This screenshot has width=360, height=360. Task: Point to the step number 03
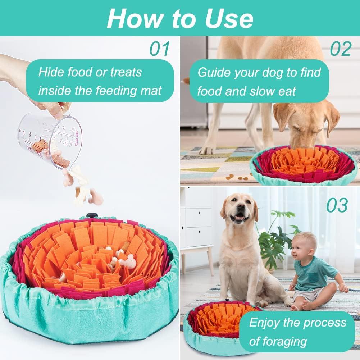337,205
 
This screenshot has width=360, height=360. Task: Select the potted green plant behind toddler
275,237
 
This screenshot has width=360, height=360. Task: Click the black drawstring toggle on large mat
92,215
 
